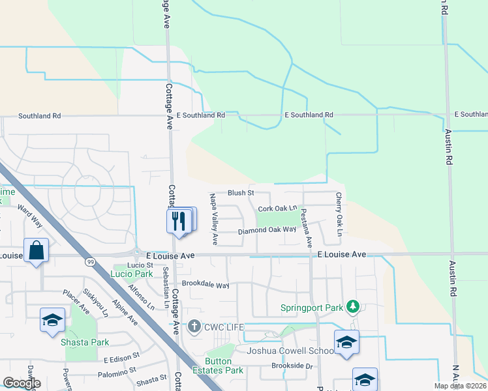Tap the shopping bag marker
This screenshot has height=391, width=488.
point(37,251)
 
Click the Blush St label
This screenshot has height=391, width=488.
point(240,193)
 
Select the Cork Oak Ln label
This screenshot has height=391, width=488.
point(277,209)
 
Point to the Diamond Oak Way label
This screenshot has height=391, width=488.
point(267,230)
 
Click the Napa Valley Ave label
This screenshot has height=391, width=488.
point(213,218)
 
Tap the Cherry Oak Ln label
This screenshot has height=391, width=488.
point(339,214)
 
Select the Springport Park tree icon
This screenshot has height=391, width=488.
point(353,306)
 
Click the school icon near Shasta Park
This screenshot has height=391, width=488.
point(52,320)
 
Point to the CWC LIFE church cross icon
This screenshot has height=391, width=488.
point(194,326)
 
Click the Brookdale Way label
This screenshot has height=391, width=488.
point(206,285)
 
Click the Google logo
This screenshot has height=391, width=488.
point(22,383)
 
